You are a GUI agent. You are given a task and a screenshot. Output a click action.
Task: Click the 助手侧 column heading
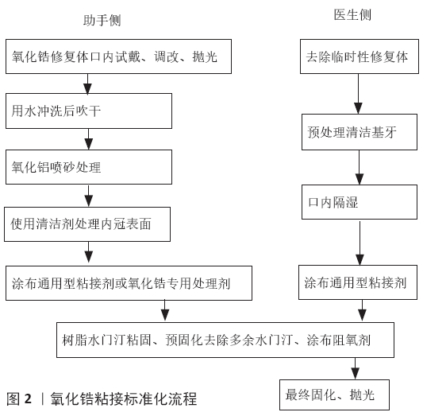[102, 20]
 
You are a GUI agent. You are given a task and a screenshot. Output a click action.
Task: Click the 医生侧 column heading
[352, 14]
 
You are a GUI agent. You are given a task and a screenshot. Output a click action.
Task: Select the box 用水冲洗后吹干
[89, 111]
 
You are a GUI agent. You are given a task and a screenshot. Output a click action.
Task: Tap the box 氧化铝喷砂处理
[89, 167]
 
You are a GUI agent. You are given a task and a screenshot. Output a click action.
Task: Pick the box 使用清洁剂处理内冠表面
[87, 224]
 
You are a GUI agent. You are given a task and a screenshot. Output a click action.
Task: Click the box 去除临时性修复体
[360, 56]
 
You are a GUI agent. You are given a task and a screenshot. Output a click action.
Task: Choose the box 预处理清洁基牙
[360, 132]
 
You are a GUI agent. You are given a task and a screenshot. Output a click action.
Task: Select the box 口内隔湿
[360, 202]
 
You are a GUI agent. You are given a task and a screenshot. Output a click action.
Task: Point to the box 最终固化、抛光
[334, 395]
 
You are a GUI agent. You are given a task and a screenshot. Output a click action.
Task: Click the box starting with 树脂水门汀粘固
[225, 340]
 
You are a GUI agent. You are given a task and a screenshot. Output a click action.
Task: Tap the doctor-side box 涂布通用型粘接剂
[358, 282]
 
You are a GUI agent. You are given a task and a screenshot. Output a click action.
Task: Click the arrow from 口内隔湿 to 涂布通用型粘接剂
[360, 243]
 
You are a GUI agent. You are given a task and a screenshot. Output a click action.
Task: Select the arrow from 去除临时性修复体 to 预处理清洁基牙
[358, 94]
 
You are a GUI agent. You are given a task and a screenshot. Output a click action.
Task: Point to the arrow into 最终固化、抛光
[356, 369]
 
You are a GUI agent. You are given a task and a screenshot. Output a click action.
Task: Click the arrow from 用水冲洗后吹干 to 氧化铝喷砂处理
[88, 139]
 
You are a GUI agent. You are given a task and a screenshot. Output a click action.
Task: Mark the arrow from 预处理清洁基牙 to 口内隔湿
[360, 168]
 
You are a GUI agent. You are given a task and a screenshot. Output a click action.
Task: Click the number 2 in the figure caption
[28, 399]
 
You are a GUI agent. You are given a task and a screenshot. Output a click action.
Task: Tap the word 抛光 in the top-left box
[205, 56]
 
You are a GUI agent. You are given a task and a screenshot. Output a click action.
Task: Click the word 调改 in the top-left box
[167, 56]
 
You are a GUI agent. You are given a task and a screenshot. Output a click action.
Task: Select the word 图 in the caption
[13, 399]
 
